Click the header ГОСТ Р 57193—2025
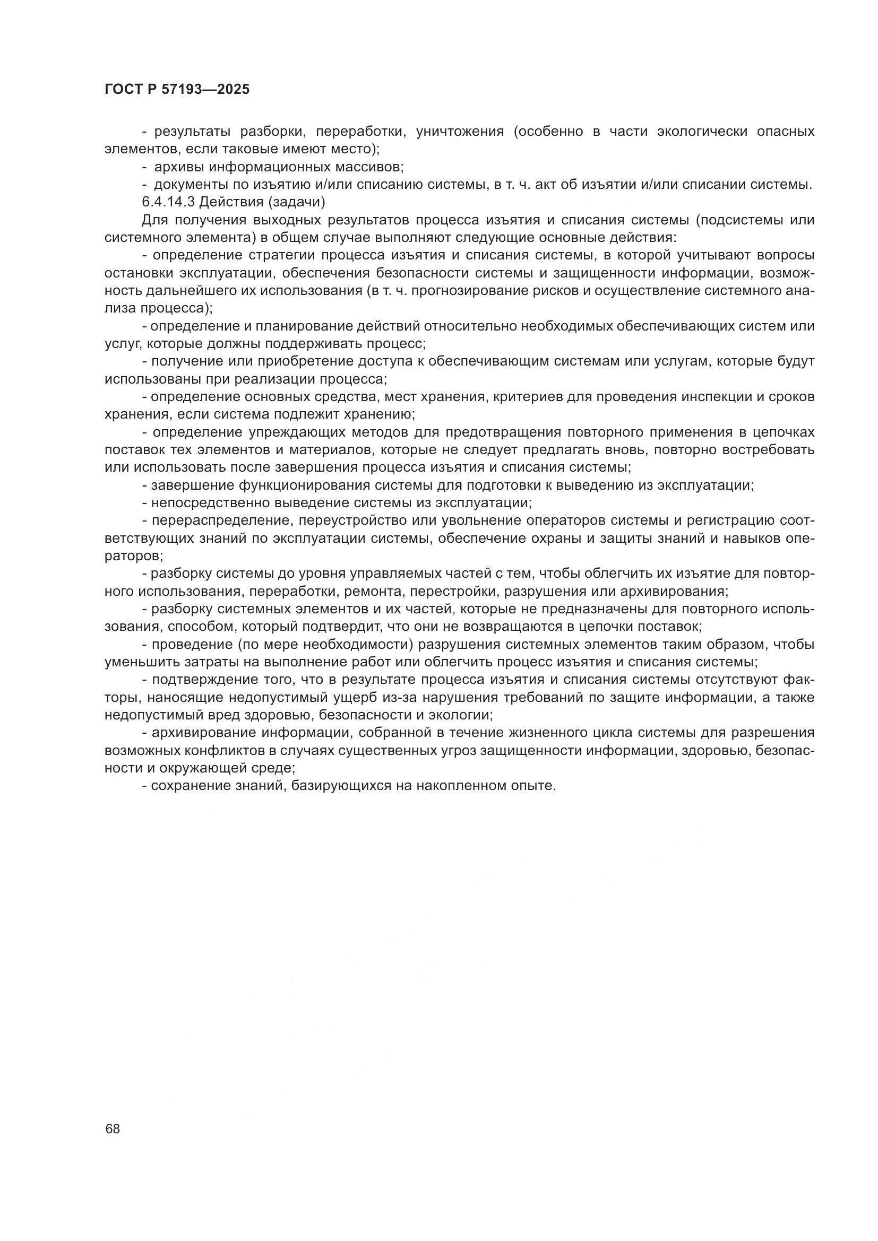point(177,90)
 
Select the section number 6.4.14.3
point(168,202)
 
